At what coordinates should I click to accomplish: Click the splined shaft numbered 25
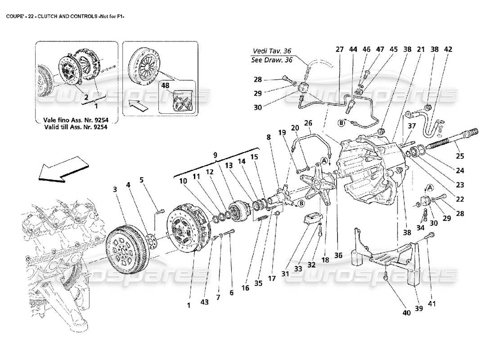pos(454,138)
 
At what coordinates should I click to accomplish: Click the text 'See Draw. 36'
pos(272,60)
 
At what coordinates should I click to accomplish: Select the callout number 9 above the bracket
pos(215,155)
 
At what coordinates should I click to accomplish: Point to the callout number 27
pos(339,49)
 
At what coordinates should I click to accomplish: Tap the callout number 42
pos(448,49)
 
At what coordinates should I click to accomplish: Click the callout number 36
pos(338,256)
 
